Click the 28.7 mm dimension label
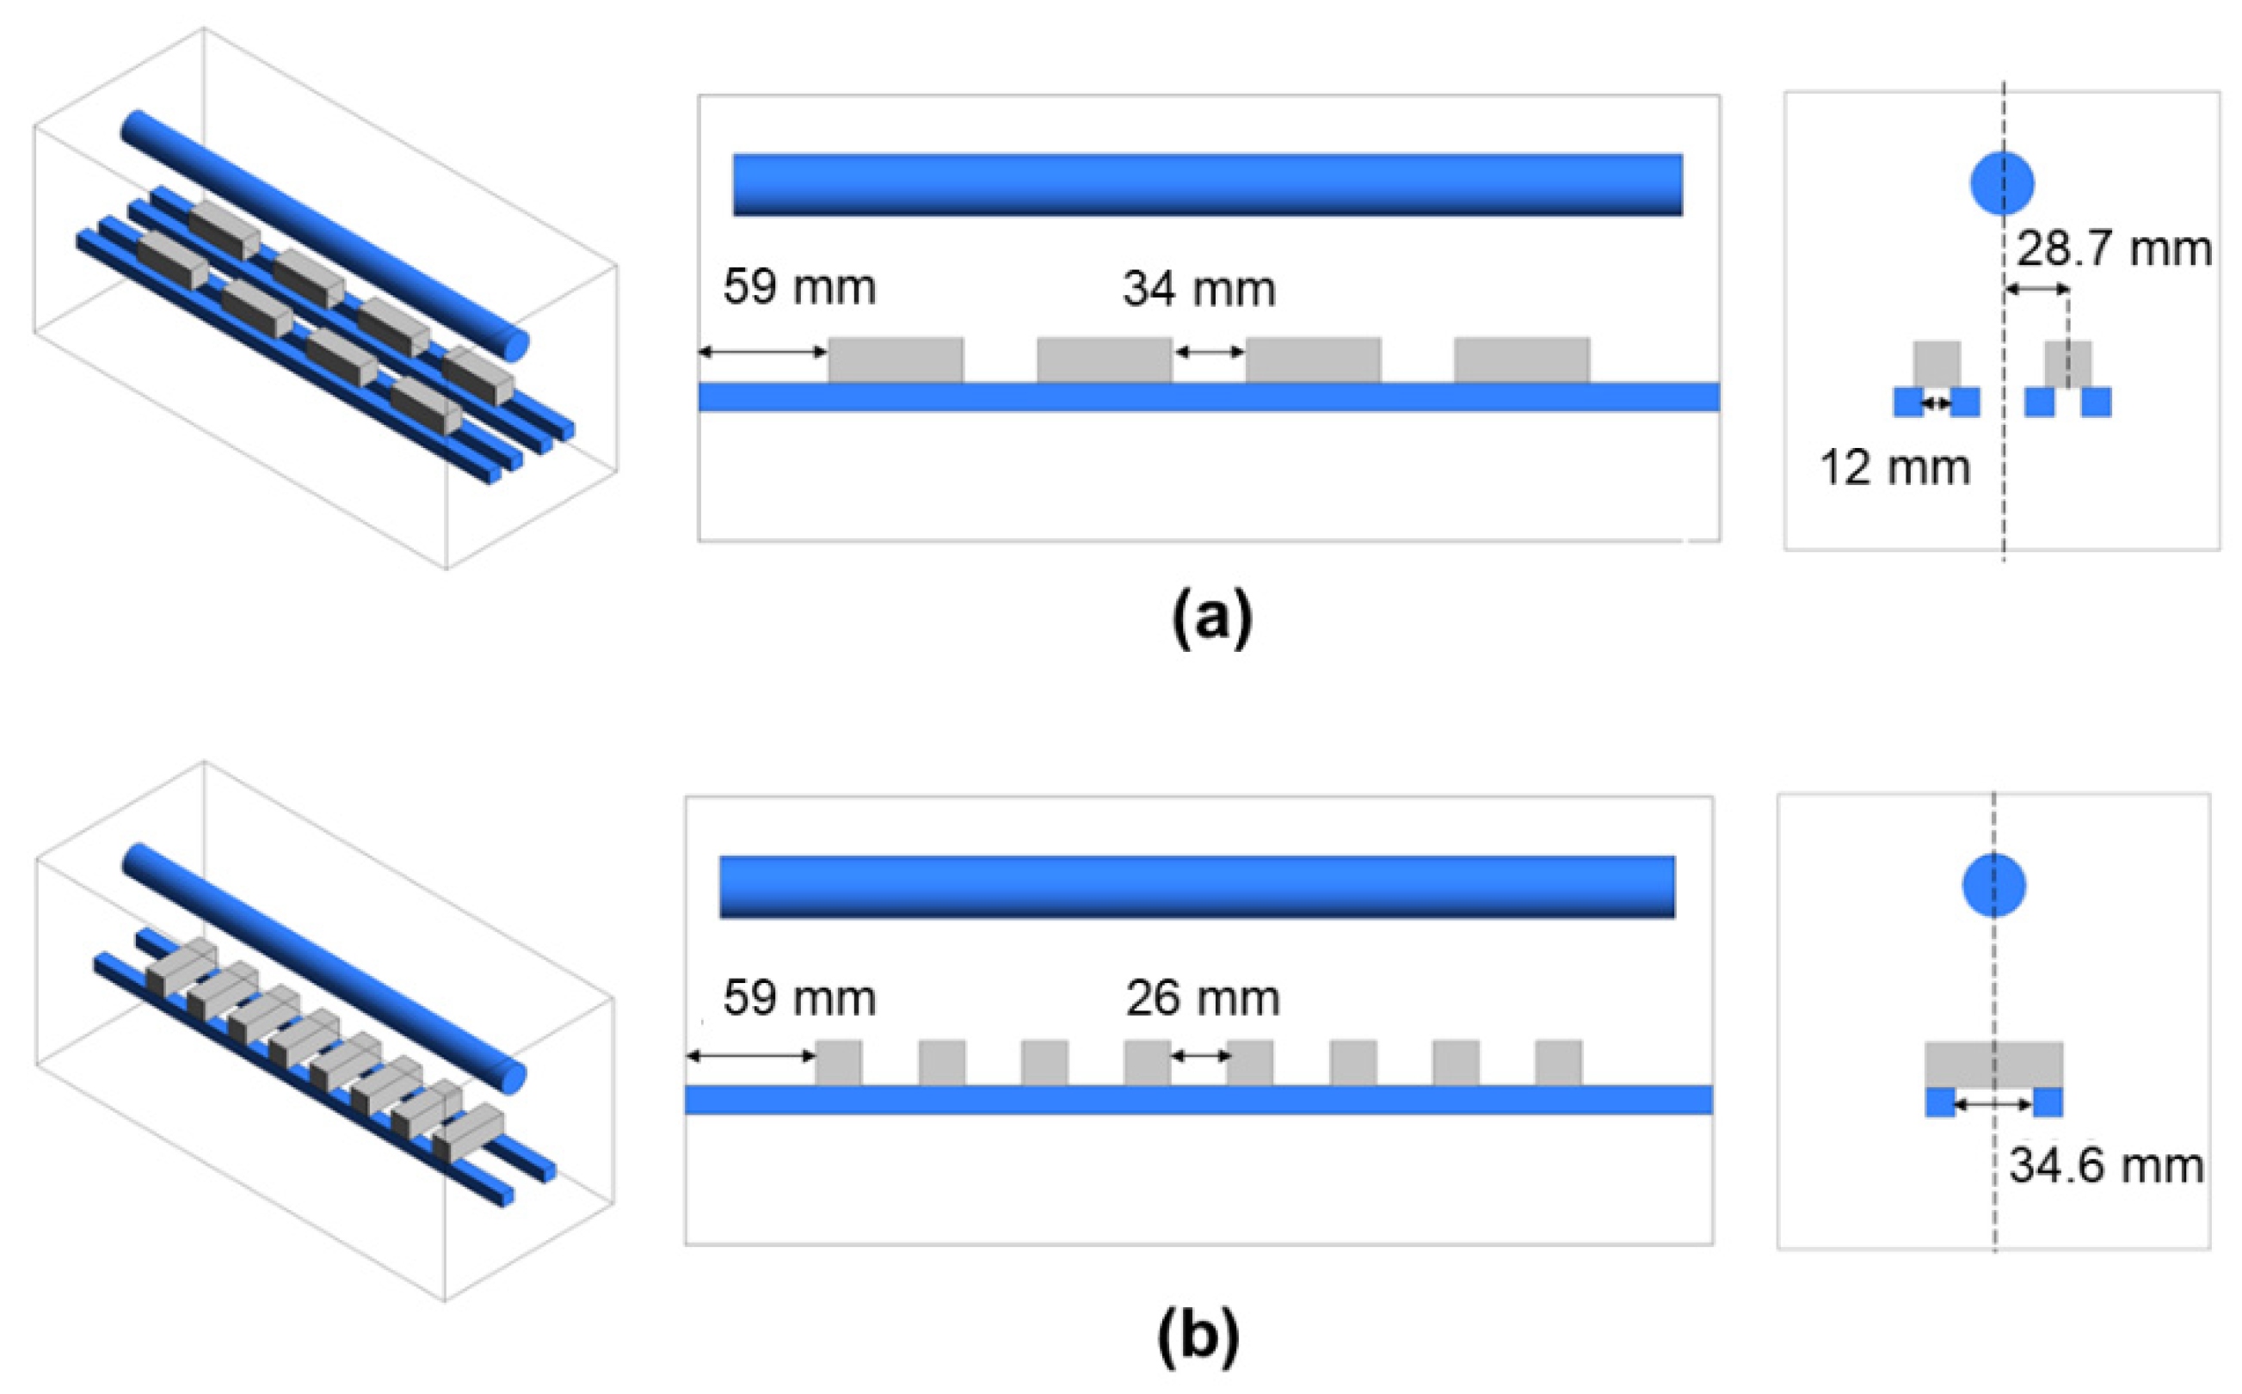click(x=2114, y=249)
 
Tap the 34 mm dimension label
click(x=1199, y=289)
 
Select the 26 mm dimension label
click(x=1203, y=998)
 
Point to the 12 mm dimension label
click(x=1895, y=468)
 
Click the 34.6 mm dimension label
click(x=2106, y=1165)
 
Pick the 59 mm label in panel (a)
click(x=798, y=286)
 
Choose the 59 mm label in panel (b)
click(x=798, y=998)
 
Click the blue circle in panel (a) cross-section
click(x=2002, y=183)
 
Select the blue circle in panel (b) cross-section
click(x=1994, y=886)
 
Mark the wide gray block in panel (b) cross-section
click(x=1994, y=1064)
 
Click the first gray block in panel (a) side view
click(x=896, y=359)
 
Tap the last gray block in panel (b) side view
click(x=1559, y=1063)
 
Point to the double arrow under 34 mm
click(x=1209, y=351)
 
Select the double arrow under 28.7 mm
click(x=2038, y=290)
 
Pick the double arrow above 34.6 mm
click(x=1994, y=1103)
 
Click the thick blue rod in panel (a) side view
click(x=1207, y=184)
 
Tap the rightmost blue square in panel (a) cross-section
click(x=2097, y=402)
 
